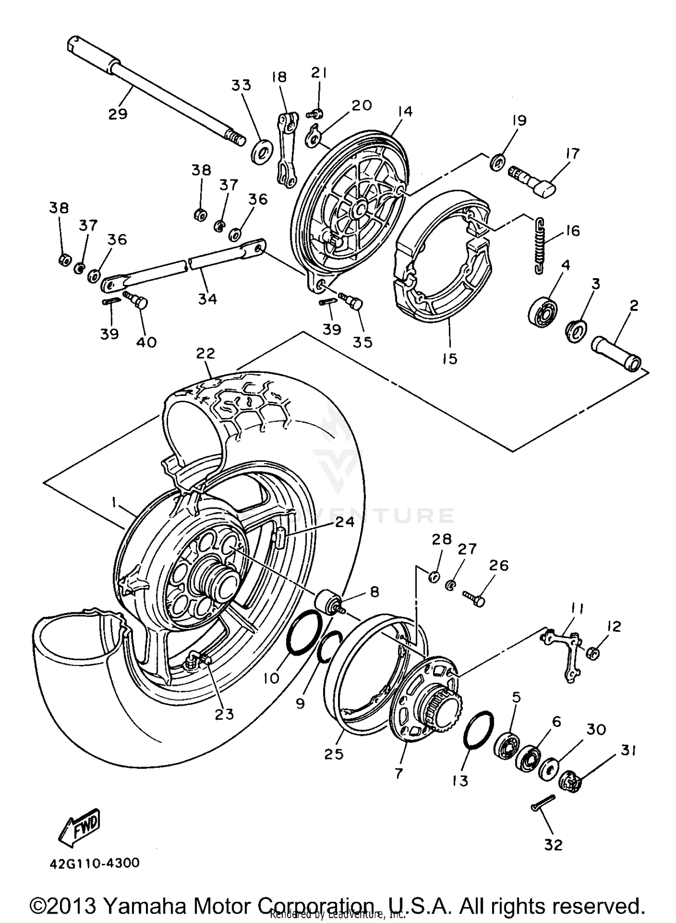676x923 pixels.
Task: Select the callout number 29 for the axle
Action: [x=118, y=113]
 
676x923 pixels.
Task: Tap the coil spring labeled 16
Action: [x=539, y=245]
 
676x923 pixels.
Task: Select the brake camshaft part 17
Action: [x=532, y=180]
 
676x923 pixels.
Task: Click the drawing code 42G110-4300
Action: [x=95, y=863]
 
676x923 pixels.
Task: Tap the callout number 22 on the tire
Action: [x=205, y=354]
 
